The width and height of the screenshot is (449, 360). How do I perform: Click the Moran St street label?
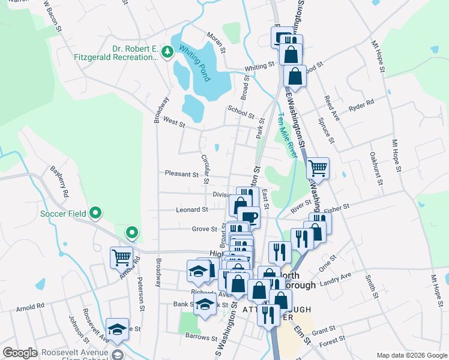coord(216,41)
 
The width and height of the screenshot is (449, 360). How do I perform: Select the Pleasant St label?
coord(182,174)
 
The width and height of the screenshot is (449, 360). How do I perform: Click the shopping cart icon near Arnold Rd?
coord(121,257)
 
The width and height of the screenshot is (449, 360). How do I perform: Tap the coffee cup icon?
coord(249,217)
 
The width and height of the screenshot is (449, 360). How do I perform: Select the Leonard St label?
coord(192,210)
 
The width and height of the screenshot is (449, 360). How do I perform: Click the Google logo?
coord(20,353)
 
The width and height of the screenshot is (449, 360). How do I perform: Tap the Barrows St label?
coord(200,336)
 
